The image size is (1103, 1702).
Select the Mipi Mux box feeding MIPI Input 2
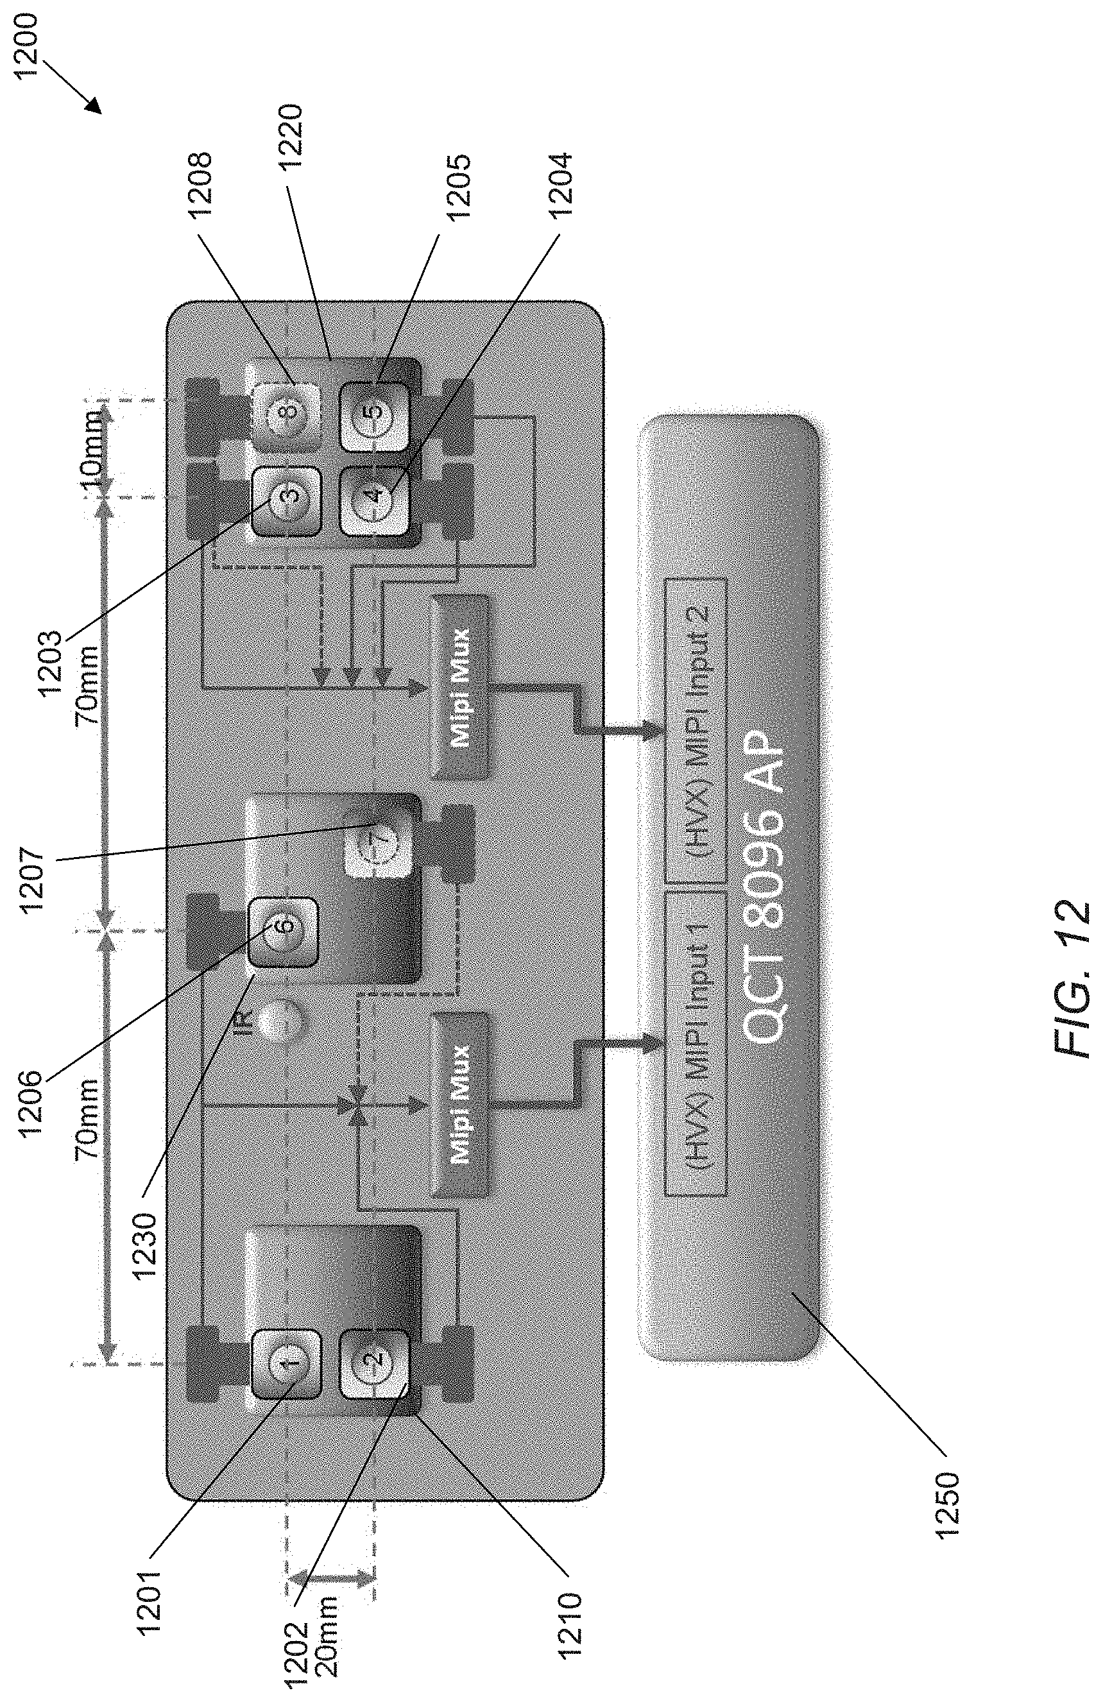tap(461, 686)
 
